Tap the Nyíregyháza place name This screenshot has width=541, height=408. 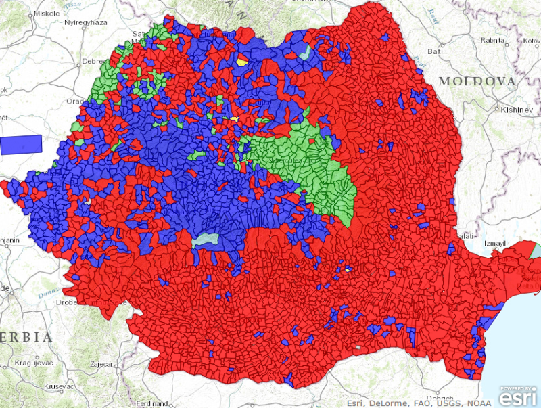85,22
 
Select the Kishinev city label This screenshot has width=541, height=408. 517,110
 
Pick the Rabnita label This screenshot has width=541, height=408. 492,40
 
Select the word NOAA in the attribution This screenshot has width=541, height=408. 478,402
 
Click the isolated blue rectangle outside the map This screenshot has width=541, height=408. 21,144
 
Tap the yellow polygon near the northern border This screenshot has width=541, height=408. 242,61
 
